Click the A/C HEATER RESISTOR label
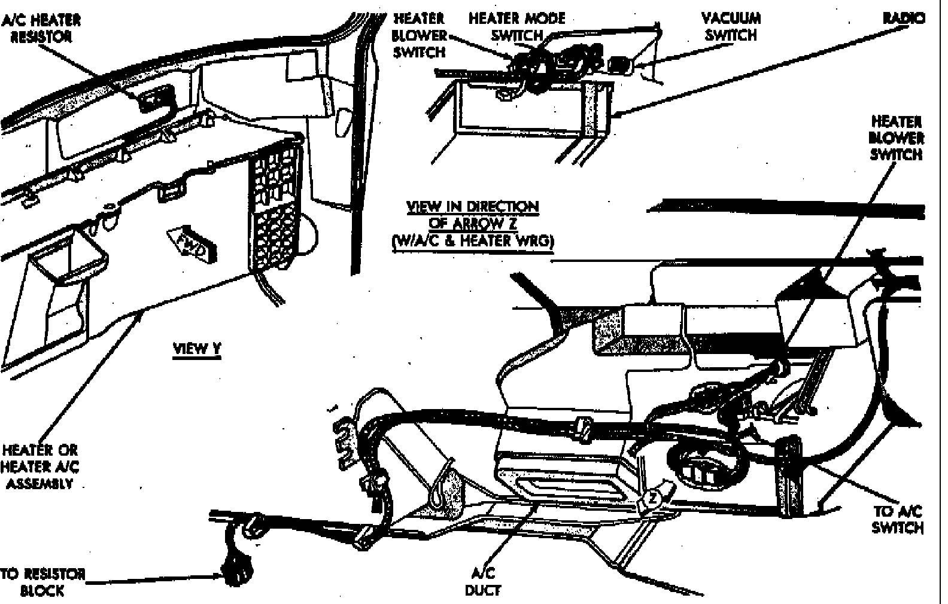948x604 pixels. coord(41,28)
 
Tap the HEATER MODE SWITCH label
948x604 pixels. coord(516,27)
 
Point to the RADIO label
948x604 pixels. coord(903,19)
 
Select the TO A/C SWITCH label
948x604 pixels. coord(897,519)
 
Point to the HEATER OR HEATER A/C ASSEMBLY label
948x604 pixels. coord(40,466)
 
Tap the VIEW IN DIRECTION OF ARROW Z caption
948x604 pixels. coord(473,224)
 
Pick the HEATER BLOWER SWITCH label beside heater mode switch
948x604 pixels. coord(419,35)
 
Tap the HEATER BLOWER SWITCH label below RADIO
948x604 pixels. coord(897,138)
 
